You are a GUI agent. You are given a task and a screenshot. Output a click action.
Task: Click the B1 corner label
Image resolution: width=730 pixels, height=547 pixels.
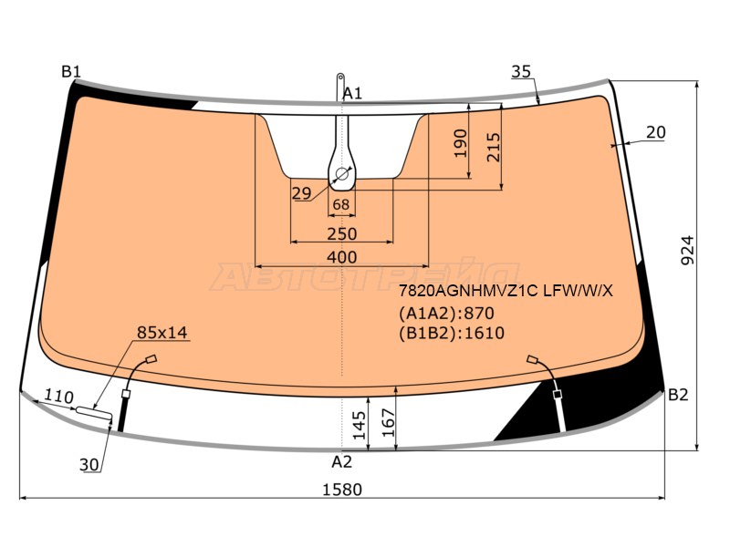click(x=71, y=72)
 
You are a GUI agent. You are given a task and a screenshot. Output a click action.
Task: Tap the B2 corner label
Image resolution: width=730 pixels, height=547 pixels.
click(x=678, y=395)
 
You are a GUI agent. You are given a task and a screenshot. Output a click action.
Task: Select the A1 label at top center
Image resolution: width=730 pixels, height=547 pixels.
click(x=352, y=94)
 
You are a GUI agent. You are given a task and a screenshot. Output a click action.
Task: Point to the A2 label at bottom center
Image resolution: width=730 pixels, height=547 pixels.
click(x=341, y=462)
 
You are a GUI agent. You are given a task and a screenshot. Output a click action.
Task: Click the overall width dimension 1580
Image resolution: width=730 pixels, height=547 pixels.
click(x=342, y=490)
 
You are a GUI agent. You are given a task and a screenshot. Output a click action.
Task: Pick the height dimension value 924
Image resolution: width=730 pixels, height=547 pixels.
click(x=688, y=251)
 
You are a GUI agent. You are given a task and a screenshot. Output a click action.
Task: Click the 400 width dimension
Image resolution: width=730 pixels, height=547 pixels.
click(x=341, y=257)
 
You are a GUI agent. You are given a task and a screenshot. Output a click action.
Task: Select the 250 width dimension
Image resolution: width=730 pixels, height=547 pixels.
click(x=341, y=233)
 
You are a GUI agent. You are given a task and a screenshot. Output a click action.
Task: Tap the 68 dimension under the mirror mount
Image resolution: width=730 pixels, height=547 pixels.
click(x=341, y=204)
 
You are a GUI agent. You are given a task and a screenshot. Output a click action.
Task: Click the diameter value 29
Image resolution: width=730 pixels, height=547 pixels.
click(x=302, y=192)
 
